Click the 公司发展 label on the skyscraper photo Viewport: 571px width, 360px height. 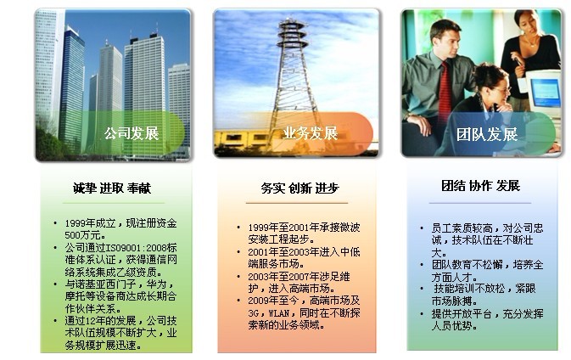coord(132,133)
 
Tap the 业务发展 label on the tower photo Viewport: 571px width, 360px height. coord(311,133)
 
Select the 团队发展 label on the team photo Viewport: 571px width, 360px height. coord(487,134)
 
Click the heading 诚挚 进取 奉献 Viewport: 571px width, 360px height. coord(112,188)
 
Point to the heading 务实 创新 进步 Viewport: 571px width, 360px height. coord(299,188)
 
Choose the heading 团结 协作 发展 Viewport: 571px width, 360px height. coord(481,185)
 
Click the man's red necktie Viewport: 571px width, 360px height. coord(445,92)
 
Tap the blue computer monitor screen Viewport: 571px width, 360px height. coord(546,93)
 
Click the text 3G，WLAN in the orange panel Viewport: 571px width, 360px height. coord(269,313)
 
